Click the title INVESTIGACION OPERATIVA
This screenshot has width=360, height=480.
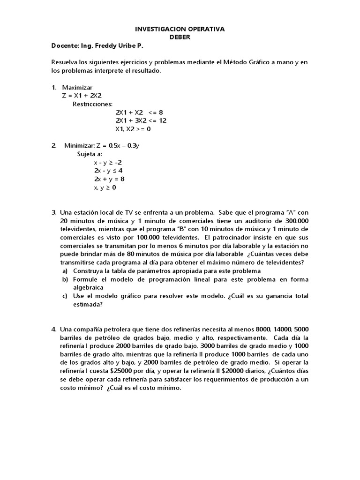(180, 29)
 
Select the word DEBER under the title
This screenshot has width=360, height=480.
(180, 37)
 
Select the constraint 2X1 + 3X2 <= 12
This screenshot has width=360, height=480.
(141, 120)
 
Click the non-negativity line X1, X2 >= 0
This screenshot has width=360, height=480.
(133, 129)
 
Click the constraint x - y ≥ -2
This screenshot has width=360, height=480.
(108, 162)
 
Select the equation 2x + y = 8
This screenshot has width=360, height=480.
(109, 179)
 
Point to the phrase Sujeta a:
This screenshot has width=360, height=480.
(89, 154)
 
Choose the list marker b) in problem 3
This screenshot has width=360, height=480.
(65, 279)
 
